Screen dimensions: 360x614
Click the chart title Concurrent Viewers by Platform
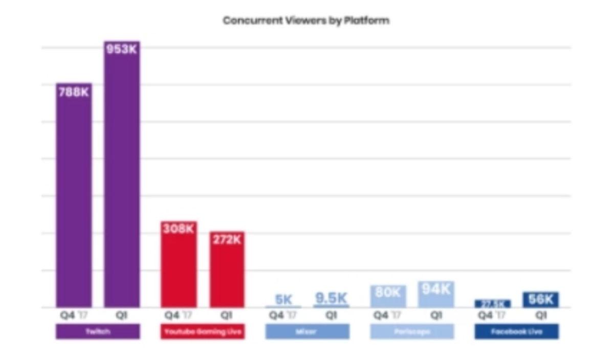tap(306, 21)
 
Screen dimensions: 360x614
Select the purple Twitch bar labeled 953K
tap(122, 174)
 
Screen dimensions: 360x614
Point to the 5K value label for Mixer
tap(283, 300)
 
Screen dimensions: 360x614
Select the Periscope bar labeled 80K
tap(388, 297)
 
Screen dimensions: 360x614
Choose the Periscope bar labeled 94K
tap(436, 295)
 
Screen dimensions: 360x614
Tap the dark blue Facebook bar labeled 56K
tap(540, 300)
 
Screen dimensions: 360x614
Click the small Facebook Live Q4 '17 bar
tap(492, 304)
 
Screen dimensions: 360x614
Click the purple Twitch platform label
tap(98, 331)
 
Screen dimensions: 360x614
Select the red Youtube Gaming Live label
tap(203, 331)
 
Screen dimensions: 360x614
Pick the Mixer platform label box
tap(307, 331)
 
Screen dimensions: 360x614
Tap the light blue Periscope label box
tap(412, 331)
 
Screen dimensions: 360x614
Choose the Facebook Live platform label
tap(516, 331)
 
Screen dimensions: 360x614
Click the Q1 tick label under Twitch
tap(121, 316)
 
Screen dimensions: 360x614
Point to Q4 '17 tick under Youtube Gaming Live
tap(178, 316)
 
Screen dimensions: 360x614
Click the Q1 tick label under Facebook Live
tap(540, 316)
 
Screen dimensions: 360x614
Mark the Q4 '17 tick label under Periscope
tap(388, 316)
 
